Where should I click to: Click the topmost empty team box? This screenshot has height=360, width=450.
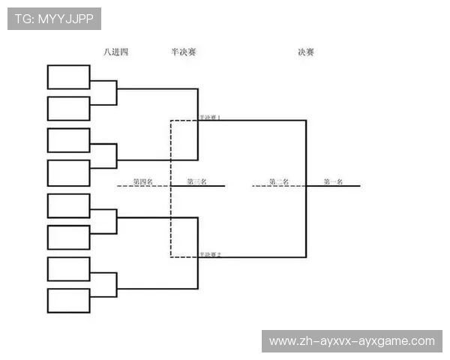click(68, 77)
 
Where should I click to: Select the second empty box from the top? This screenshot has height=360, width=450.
click(68, 108)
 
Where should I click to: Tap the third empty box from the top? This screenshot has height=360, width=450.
click(68, 140)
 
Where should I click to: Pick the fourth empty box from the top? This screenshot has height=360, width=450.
click(68, 172)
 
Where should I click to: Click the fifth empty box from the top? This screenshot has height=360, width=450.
click(68, 205)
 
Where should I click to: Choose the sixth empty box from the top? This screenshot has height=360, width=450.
click(68, 237)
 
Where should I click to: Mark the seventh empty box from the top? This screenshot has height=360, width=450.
click(68, 269)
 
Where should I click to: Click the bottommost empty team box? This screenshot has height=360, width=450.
click(68, 301)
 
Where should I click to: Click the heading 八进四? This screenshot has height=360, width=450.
click(116, 52)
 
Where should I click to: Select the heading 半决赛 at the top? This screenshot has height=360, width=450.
click(184, 52)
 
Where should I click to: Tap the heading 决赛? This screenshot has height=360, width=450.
click(305, 52)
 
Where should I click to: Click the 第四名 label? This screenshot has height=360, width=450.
click(143, 181)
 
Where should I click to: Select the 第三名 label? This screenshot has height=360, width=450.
click(196, 181)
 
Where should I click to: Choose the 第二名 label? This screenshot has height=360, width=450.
click(280, 181)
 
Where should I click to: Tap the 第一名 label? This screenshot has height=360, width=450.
click(333, 181)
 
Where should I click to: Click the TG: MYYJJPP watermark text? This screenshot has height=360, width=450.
click(54, 19)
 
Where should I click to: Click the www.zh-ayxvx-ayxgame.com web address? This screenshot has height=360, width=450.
click(352, 341)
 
